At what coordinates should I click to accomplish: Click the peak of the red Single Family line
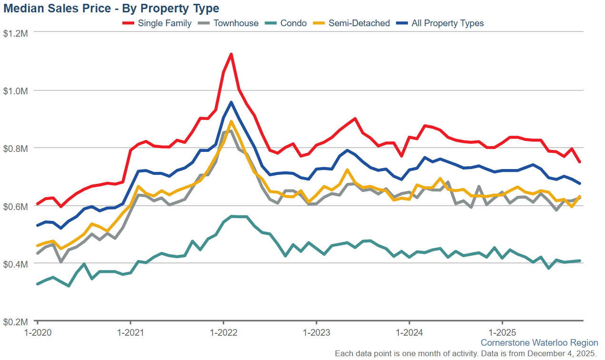[231, 54]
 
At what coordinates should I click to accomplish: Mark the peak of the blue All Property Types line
[231, 102]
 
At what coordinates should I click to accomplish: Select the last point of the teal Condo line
[580, 260]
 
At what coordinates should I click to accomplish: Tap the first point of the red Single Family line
[37, 204]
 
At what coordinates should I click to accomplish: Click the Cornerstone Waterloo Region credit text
[539, 342]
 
